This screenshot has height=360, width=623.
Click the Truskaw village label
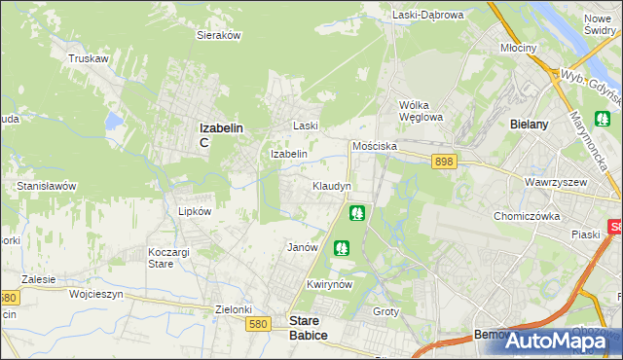click(87, 58)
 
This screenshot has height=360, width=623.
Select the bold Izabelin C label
click(220, 134)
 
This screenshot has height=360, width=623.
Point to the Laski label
click(307, 126)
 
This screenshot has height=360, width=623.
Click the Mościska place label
click(373, 145)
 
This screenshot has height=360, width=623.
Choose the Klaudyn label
click(331, 185)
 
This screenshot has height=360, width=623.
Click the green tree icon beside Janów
click(341, 248)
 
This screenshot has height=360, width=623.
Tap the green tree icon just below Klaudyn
click(357, 211)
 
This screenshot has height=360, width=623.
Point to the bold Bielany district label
click(531, 125)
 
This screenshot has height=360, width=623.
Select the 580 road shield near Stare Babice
click(258, 323)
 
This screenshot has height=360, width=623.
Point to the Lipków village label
click(182, 210)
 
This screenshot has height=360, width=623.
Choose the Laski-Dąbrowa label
click(428, 15)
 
